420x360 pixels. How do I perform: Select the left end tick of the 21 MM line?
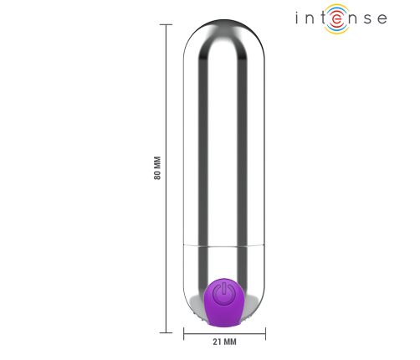(x=184, y=332)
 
